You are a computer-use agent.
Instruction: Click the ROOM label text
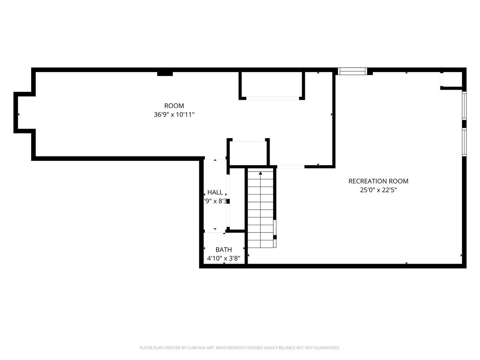[x=174, y=106]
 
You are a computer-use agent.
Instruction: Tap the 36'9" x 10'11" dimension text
[x=174, y=115]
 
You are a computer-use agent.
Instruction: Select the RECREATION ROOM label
[x=378, y=181]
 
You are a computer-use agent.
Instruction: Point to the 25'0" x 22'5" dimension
[x=378, y=190]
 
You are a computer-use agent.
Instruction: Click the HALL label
[x=215, y=192]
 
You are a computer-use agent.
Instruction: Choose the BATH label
[x=224, y=250]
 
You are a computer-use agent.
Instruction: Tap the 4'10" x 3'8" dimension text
[x=224, y=259]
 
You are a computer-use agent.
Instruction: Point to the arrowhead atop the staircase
[x=261, y=173]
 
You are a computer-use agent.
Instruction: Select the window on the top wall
[x=352, y=71]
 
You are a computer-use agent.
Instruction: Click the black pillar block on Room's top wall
[x=165, y=73]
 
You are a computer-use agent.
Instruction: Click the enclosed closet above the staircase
[x=248, y=152]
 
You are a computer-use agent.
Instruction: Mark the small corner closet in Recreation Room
[x=452, y=80]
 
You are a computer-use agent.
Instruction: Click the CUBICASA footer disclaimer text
[x=240, y=348]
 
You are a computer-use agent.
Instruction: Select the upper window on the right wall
[x=464, y=106]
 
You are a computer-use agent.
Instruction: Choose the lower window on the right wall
[x=464, y=142]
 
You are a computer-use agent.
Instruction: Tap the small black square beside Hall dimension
[x=228, y=201]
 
